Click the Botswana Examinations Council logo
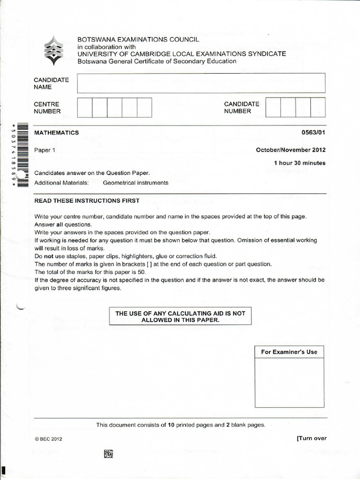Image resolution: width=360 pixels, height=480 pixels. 53,50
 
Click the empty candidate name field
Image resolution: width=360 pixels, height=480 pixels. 201,83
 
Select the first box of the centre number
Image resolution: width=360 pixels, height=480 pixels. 84,107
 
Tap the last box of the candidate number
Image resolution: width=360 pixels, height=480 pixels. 317,107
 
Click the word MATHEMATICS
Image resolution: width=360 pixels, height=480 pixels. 57,133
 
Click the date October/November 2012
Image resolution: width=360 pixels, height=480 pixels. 290,150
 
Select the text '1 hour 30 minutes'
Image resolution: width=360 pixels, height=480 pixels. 300,163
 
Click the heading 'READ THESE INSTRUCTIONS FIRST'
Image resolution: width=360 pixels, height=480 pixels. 87,201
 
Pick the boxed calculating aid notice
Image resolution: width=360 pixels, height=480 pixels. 180,316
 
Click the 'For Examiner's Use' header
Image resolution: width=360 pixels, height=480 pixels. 289,352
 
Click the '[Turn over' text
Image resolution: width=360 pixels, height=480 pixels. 311,438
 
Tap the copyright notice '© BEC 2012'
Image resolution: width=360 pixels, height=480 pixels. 48,439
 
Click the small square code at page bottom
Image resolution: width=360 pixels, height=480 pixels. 109,453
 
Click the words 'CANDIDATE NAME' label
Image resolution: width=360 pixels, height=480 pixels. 51,83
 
